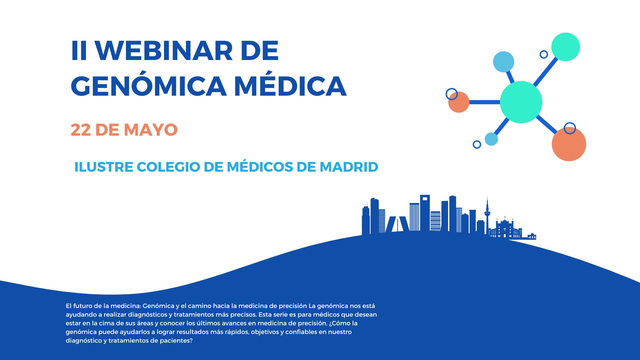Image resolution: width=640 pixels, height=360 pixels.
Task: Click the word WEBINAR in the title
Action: coord(164,51)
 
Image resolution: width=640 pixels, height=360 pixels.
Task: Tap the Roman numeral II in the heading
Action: coord(79,51)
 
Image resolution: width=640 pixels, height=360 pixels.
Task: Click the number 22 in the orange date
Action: coord(80,130)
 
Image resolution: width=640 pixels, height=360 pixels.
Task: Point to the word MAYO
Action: coord(151,130)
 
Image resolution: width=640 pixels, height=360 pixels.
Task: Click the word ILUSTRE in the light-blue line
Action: coord(104,167)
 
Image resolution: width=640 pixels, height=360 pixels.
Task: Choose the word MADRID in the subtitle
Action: coord(349,167)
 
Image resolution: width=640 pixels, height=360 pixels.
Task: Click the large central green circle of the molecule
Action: coord(521,102)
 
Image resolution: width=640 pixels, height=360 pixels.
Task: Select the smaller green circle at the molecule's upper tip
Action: coord(566,47)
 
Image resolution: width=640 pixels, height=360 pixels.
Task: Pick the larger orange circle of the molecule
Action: coord(569,144)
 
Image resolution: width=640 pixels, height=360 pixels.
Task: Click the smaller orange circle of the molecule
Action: coord(459,102)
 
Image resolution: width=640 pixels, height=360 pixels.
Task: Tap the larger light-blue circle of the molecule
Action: coord(503,62)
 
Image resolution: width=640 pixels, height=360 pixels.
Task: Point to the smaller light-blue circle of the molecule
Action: coord(491,139)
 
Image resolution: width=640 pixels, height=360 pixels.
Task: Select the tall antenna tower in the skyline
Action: coord(487,215)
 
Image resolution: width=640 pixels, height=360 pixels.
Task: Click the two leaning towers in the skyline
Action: coord(397,224)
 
